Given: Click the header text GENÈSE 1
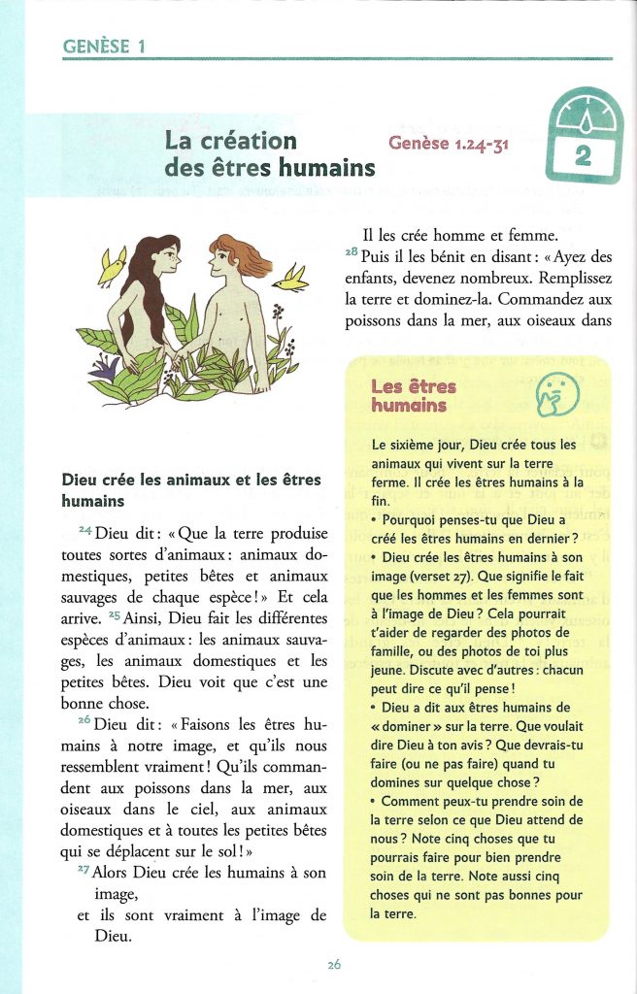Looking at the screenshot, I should [x=104, y=46].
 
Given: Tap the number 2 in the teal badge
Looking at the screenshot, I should [x=583, y=154].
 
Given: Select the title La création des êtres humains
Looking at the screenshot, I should [x=269, y=153].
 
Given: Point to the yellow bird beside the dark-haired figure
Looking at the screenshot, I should [x=114, y=261].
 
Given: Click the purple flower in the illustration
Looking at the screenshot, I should [x=106, y=366].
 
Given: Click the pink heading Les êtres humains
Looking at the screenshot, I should [x=413, y=396].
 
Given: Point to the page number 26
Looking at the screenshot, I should [x=333, y=964].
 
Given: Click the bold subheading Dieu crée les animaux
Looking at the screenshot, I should [x=190, y=490].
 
